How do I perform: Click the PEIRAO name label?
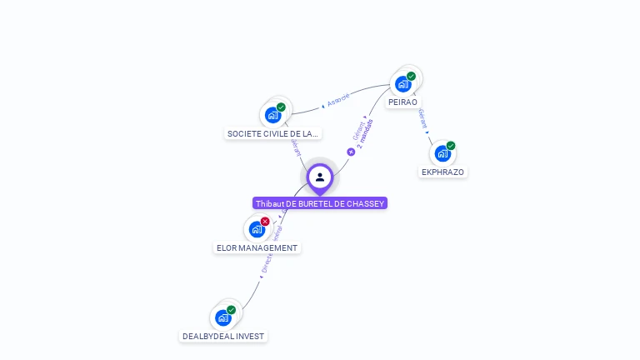coord(402,102)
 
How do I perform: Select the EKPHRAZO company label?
coord(442,172)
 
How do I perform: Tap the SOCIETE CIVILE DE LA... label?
coord(272,133)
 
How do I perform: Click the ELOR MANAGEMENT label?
coord(257,247)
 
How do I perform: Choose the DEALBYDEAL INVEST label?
coord(223,336)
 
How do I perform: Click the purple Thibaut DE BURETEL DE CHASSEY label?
coord(320,203)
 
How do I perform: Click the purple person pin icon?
coord(320,177)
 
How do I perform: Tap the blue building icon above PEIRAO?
coord(403,84)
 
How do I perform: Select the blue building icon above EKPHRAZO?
coord(442,153)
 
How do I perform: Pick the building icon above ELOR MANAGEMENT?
coord(257,229)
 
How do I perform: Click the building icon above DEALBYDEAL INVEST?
coord(223,317)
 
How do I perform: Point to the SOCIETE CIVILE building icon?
coord(272,115)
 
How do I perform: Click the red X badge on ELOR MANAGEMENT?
coord(265,222)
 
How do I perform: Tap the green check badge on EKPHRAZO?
coord(451,146)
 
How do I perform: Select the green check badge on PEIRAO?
coord(411,77)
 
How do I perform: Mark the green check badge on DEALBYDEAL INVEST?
coord(232,310)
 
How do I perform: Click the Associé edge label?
coord(337,100)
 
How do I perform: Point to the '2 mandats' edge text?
coord(365,134)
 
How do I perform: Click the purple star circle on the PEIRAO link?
coord(351,152)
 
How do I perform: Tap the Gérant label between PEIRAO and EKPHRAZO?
coord(423,118)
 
